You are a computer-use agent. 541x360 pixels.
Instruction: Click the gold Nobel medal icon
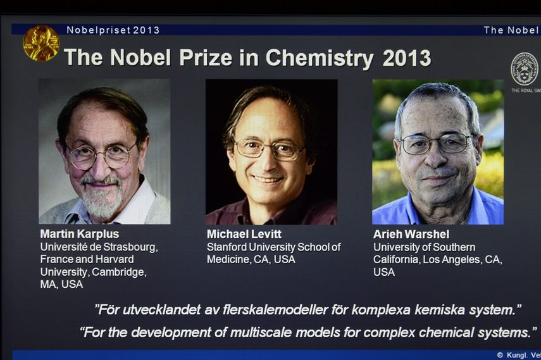coord(40,42)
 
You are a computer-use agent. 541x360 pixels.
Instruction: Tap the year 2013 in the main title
coord(406,58)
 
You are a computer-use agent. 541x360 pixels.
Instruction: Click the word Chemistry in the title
coord(319,58)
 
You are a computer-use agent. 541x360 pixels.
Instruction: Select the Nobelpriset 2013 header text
coord(113,30)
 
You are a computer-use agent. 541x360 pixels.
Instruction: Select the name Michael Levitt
coord(244,234)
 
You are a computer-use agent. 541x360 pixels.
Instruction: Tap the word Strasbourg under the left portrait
coord(130,247)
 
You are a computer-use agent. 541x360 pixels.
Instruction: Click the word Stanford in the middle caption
coord(227,247)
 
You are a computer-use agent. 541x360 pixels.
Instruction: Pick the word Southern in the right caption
coord(450,247)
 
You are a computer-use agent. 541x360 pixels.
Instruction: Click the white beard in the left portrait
coord(101,201)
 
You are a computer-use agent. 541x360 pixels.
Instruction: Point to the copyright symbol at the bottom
coord(500,355)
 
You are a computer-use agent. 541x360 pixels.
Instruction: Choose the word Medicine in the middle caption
coord(228,259)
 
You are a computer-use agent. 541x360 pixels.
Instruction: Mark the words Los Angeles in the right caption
coord(453,259)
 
